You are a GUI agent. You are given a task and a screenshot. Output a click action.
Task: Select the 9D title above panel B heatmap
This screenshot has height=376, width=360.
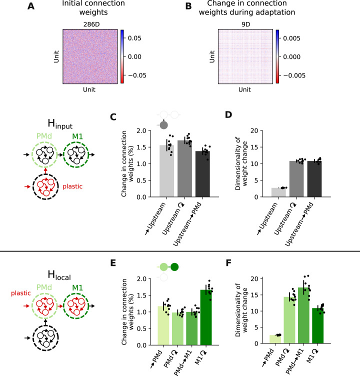(244, 22)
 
